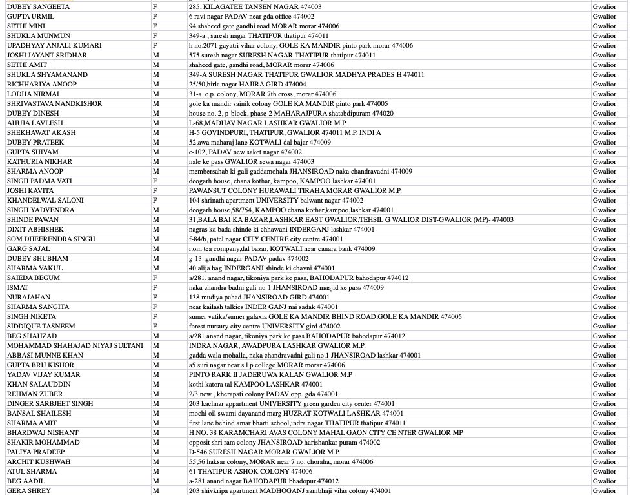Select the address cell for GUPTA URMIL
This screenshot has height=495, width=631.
[252, 16]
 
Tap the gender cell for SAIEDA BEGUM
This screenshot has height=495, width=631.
[155, 278]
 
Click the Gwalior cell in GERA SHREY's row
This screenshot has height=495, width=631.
[605, 490]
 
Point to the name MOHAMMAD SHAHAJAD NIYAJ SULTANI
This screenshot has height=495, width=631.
[75, 345]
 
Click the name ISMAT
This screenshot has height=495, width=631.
[17, 287]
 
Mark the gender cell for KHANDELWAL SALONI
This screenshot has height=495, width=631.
[155, 200]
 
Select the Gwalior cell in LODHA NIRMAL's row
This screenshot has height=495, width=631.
[605, 94]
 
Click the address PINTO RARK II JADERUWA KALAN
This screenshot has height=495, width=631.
[270, 374]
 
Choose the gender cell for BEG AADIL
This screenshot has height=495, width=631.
[155, 481]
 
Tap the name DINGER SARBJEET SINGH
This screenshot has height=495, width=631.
[50, 403]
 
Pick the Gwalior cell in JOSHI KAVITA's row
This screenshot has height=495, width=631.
[605, 190]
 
